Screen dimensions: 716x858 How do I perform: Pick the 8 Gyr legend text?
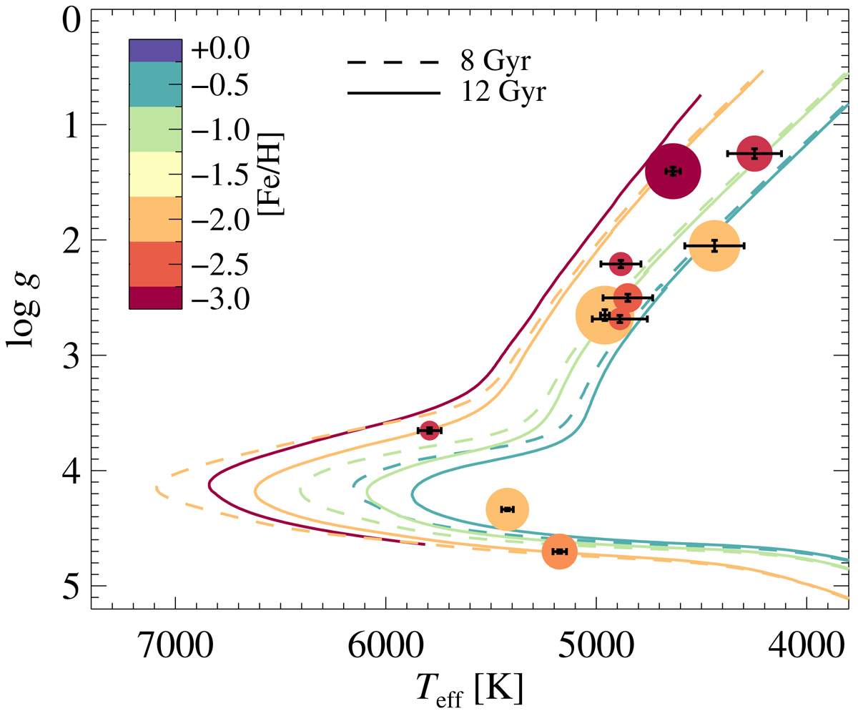pos(495,63)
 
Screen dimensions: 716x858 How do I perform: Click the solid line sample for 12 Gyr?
pos(393,93)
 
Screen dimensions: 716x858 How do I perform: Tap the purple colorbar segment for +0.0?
pos(155,50)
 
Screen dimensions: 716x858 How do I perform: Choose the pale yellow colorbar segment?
pos(155,174)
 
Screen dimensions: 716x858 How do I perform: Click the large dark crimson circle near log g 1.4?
pos(672,171)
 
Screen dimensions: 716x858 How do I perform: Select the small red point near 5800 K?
pos(429,430)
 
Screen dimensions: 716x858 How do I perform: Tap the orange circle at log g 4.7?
pos(559,551)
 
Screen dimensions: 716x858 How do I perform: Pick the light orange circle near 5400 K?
pos(507,509)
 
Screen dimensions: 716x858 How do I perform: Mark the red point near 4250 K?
pos(754,153)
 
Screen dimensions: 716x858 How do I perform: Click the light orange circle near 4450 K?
pos(714,246)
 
